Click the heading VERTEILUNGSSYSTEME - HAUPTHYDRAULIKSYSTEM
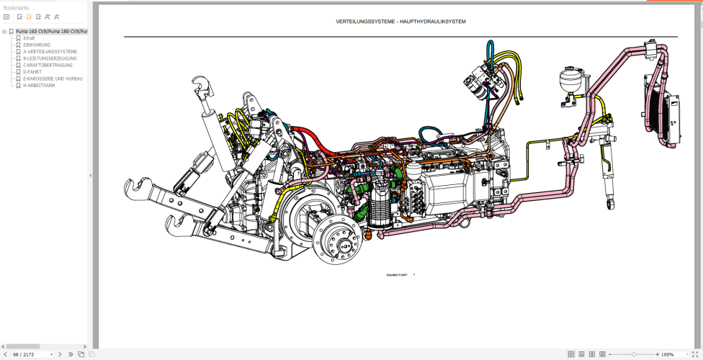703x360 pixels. point(400,22)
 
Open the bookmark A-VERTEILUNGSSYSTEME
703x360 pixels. point(50,52)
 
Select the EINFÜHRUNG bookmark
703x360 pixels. point(37,45)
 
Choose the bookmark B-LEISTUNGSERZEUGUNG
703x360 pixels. point(50,58)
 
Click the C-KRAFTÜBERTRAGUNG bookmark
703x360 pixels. point(48,65)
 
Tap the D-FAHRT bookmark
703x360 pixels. point(32,72)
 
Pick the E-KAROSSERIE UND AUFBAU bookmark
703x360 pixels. point(53,78)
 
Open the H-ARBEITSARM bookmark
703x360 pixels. point(39,85)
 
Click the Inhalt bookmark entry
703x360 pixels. point(29,38)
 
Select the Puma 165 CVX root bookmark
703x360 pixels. point(51,32)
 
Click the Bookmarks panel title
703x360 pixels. point(17,8)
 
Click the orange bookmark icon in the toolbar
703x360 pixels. point(29,17)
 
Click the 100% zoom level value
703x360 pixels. point(667,354)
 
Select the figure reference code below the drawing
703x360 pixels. point(397,274)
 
